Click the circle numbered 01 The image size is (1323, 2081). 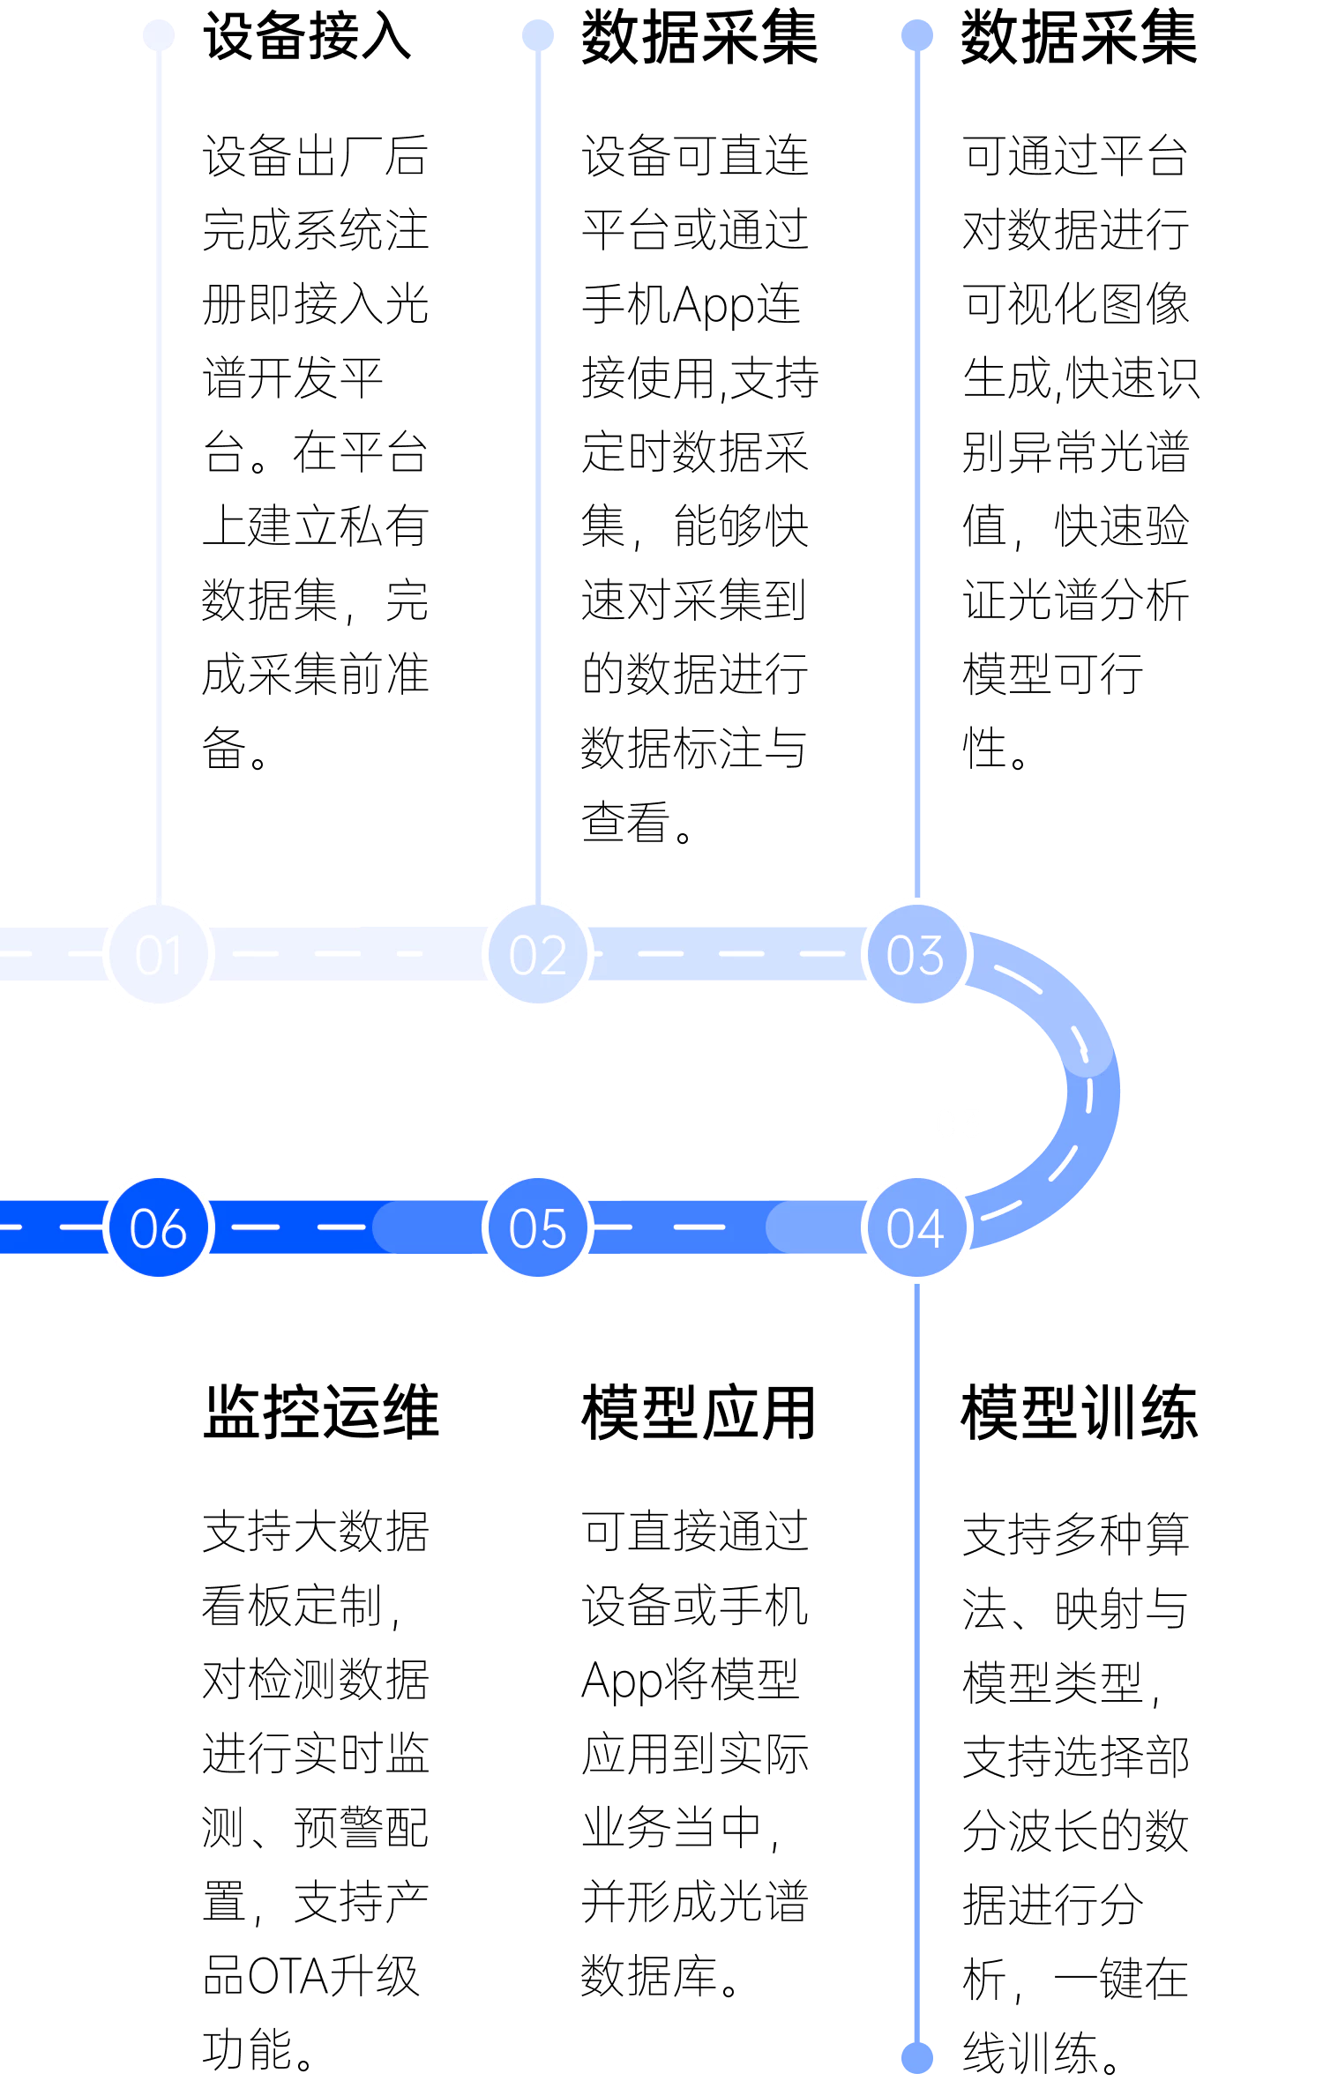click(159, 954)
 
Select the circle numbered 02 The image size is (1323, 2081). click(538, 954)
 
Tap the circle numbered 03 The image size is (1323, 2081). click(916, 954)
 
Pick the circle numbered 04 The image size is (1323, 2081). click(916, 1227)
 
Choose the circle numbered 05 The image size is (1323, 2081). click(538, 1227)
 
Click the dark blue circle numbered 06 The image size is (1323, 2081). click(159, 1227)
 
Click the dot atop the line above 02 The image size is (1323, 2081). click(538, 35)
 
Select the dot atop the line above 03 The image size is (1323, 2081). click(917, 35)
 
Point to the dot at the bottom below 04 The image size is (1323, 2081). click(917, 2058)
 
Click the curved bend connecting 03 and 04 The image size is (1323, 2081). click(1092, 1091)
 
